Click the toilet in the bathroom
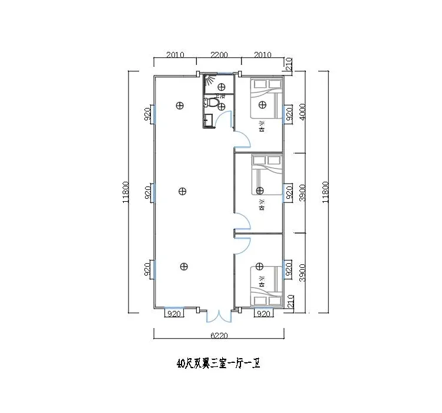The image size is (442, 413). [216, 103]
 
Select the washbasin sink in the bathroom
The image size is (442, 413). [207, 122]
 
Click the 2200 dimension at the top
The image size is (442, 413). [218, 55]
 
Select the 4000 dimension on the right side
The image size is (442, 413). [303, 112]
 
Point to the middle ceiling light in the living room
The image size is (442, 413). [183, 191]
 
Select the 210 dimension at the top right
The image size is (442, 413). [289, 64]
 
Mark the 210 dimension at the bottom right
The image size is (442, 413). [289, 302]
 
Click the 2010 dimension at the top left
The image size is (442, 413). [176, 55]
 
